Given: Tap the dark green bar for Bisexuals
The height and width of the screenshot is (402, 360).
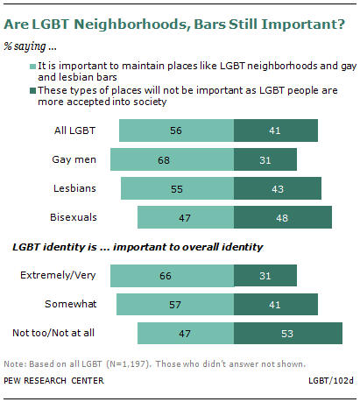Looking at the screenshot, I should [x=283, y=217].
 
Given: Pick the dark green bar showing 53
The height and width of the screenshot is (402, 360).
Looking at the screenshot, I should [x=287, y=333].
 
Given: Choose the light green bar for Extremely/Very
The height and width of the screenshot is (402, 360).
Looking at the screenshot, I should [x=167, y=275].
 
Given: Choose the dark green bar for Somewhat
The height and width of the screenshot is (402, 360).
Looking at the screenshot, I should [x=275, y=304].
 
